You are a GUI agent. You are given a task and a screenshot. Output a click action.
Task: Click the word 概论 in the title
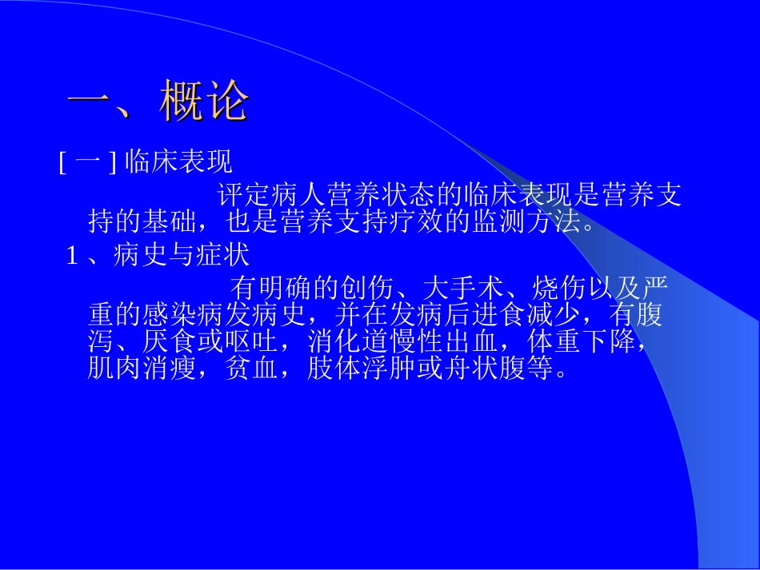(205, 102)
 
